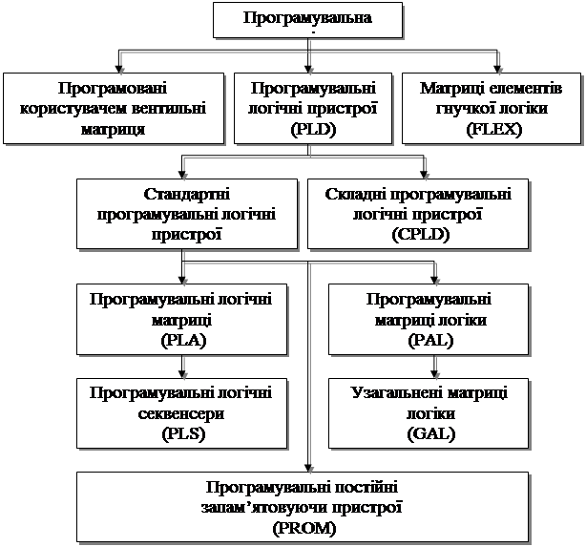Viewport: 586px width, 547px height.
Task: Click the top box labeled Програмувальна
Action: [307, 20]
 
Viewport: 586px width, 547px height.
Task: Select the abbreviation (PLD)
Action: [314, 130]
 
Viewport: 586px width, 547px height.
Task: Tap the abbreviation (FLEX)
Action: [493, 130]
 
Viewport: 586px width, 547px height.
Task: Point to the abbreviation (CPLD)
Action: [421, 235]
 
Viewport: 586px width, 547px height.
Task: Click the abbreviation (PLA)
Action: [183, 341]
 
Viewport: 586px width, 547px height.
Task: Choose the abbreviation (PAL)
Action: [430, 341]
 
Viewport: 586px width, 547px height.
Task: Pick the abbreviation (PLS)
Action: [183, 434]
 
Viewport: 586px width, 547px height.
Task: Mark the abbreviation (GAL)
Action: [430, 434]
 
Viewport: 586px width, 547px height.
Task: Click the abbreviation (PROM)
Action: [304, 529]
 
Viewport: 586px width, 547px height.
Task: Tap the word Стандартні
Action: [187, 194]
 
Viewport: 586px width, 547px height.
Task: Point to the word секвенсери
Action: [181, 414]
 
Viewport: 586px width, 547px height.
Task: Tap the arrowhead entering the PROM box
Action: [308, 468]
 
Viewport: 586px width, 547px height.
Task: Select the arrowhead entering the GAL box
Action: [434, 374]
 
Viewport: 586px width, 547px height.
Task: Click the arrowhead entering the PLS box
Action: [182, 374]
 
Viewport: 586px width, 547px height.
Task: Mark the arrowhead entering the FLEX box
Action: [497, 69]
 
